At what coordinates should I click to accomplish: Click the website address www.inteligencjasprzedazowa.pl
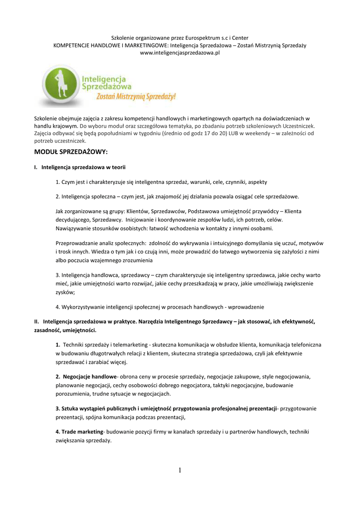(x=180, y=52)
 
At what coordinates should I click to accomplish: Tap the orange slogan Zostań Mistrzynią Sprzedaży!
(x=136, y=96)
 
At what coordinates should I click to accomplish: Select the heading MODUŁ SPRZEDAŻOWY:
(x=71, y=151)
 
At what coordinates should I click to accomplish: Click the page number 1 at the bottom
(x=180, y=471)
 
